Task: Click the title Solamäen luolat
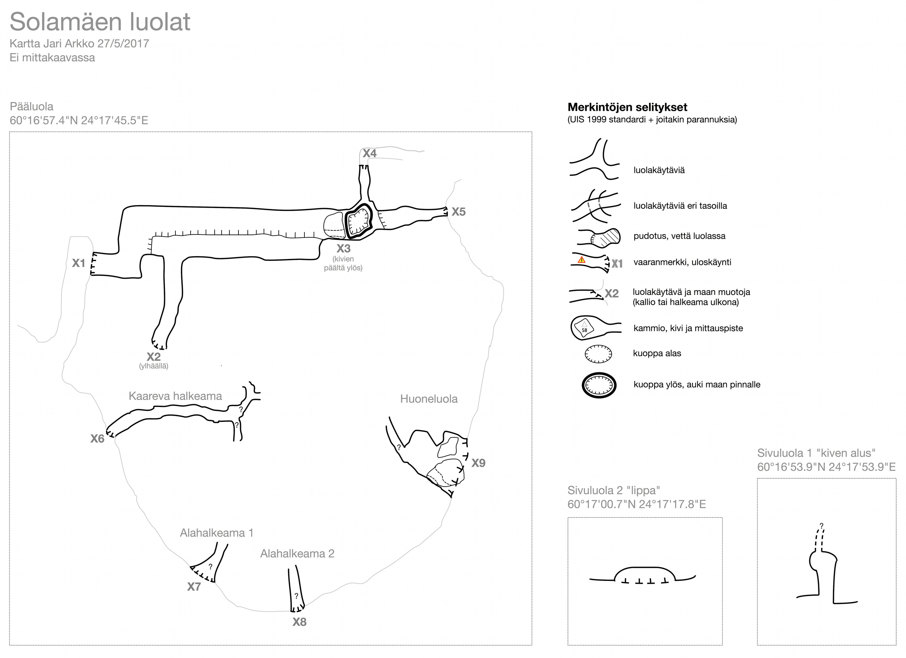(100, 22)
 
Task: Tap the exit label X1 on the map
(79, 263)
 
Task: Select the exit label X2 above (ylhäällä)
(153, 357)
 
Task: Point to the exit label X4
(370, 153)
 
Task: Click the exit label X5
(458, 212)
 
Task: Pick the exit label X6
(97, 439)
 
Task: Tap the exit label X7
(194, 587)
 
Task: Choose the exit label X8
(299, 622)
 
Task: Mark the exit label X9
(478, 463)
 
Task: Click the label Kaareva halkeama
(175, 396)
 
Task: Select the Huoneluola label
(429, 399)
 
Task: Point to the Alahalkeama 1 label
(216, 533)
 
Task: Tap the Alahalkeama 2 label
(297, 554)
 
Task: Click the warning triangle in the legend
(582, 260)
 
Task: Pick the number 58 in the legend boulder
(585, 330)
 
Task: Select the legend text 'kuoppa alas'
(657, 354)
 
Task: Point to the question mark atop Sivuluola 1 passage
(821, 526)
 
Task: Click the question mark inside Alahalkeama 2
(296, 596)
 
